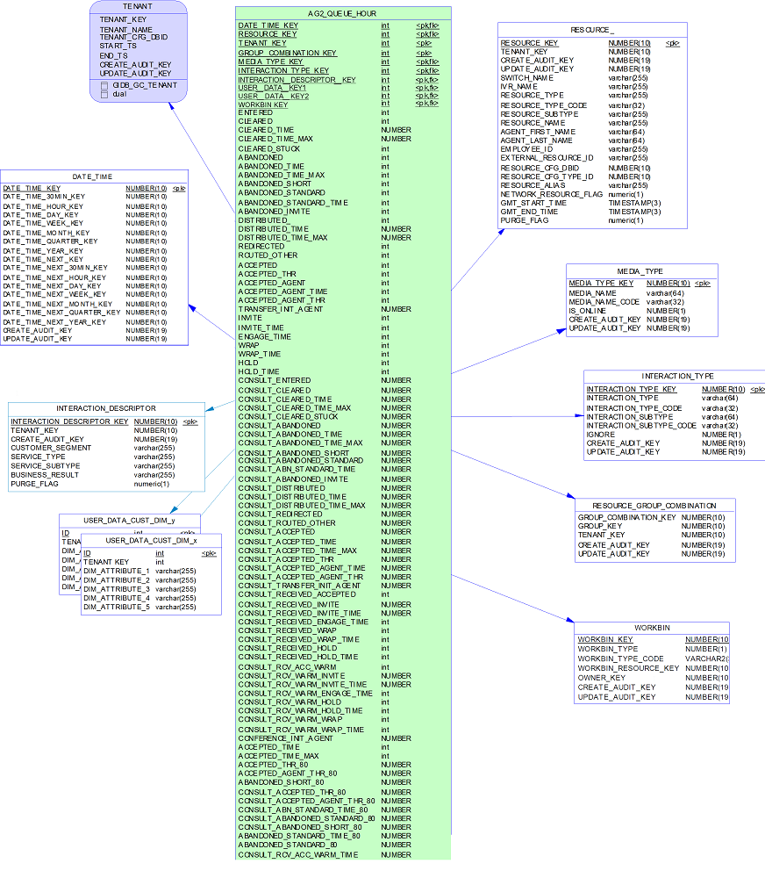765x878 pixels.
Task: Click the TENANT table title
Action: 138,5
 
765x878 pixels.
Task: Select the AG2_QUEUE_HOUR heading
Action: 342,13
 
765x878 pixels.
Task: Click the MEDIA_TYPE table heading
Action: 640,271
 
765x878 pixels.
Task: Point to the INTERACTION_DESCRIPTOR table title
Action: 106,408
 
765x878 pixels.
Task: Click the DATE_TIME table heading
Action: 92,176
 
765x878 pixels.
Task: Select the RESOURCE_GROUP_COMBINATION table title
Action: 654,506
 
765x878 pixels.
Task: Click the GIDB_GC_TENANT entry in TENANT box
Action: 145,85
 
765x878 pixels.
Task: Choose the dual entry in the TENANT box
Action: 119,94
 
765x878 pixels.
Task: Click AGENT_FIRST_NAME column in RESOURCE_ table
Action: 536,132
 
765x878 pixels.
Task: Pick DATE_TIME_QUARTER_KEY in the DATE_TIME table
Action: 50,241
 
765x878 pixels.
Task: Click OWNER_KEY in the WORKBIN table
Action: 601,678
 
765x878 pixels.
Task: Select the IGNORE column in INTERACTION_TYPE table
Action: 602,435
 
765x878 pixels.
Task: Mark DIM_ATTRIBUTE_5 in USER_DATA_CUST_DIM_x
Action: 117,607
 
